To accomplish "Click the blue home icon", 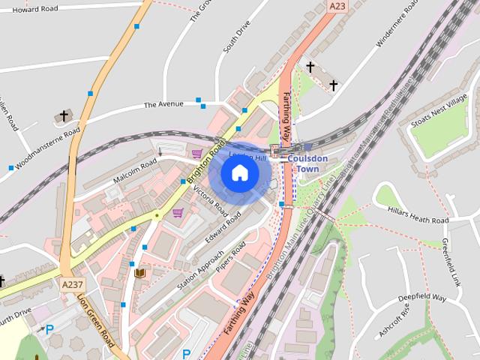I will coord(239,173).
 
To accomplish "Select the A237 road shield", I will coord(73,284).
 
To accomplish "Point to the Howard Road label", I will coord(36,9).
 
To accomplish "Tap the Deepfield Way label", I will coord(422,298).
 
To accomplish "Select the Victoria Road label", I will coord(210,202).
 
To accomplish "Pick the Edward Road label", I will coord(222,229).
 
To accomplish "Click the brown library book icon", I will coord(139,272).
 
